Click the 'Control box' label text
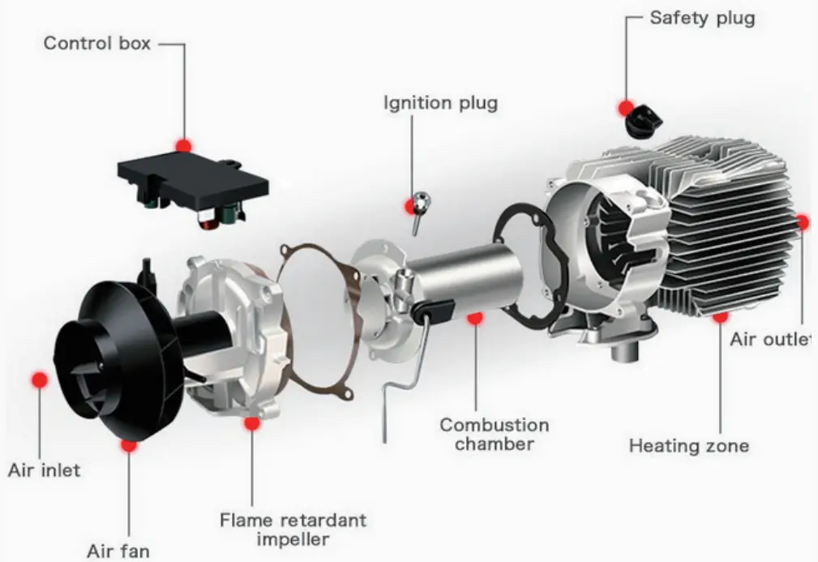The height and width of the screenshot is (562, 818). click(x=96, y=43)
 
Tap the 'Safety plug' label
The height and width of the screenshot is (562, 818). click(x=701, y=18)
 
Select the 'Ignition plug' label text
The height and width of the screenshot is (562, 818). click(x=440, y=103)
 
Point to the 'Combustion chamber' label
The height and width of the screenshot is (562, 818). click(x=494, y=434)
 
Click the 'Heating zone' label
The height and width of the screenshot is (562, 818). click(x=688, y=445)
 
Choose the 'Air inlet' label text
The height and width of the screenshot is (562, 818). click(x=45, y=470)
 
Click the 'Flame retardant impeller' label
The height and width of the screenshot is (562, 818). click(x=293, y=529)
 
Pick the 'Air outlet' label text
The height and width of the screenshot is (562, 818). click(x=769, y=339)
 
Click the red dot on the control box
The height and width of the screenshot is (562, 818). click(x=184, y=145)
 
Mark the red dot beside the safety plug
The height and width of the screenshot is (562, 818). click(x=626, y=107)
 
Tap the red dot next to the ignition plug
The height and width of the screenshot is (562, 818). click(x=411, y=207)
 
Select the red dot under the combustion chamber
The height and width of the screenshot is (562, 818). click(x=474, y=318)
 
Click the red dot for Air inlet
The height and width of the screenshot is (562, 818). click(x=38, y=379)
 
